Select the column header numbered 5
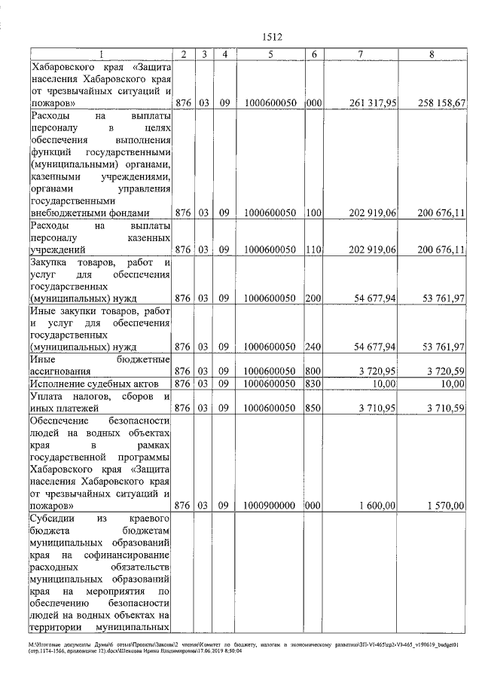tap(270, 54)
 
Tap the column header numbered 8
tap(432, 54)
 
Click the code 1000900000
tap(270, 506)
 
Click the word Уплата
tap(47, 396)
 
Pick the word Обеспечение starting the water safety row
tap(59, 421)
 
